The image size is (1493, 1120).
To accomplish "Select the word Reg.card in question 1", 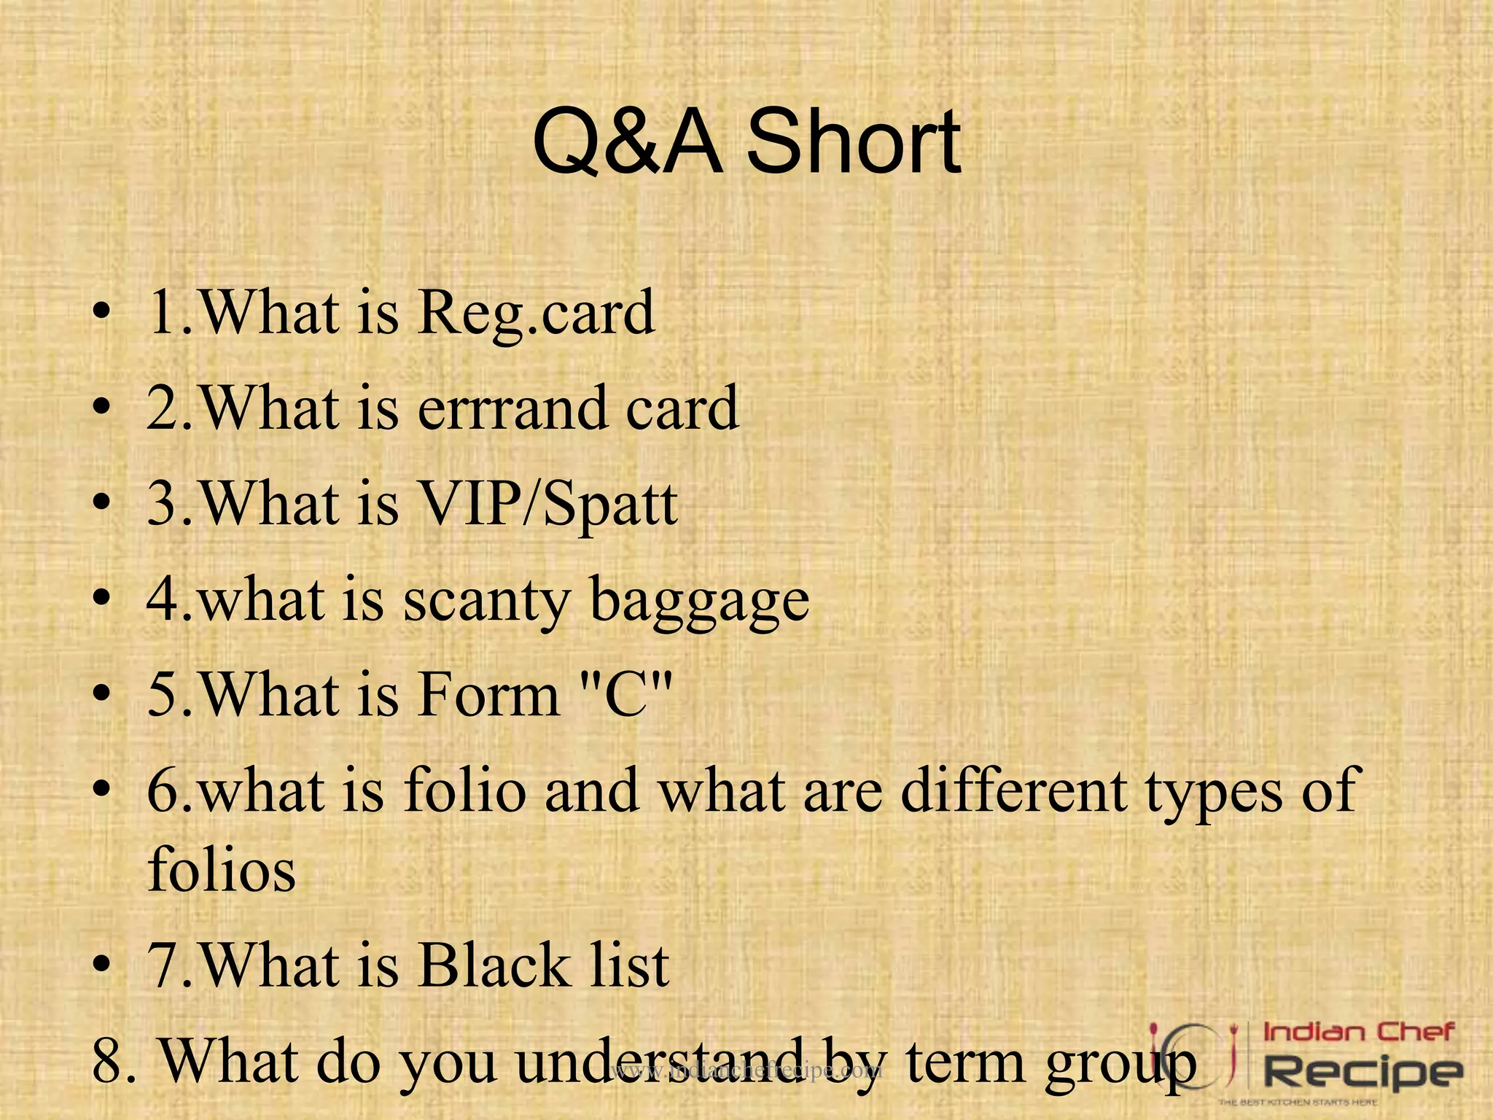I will [536, 313].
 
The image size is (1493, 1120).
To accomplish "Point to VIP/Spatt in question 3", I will [547, 504].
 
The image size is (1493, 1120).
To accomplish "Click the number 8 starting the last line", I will [110, 1061].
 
